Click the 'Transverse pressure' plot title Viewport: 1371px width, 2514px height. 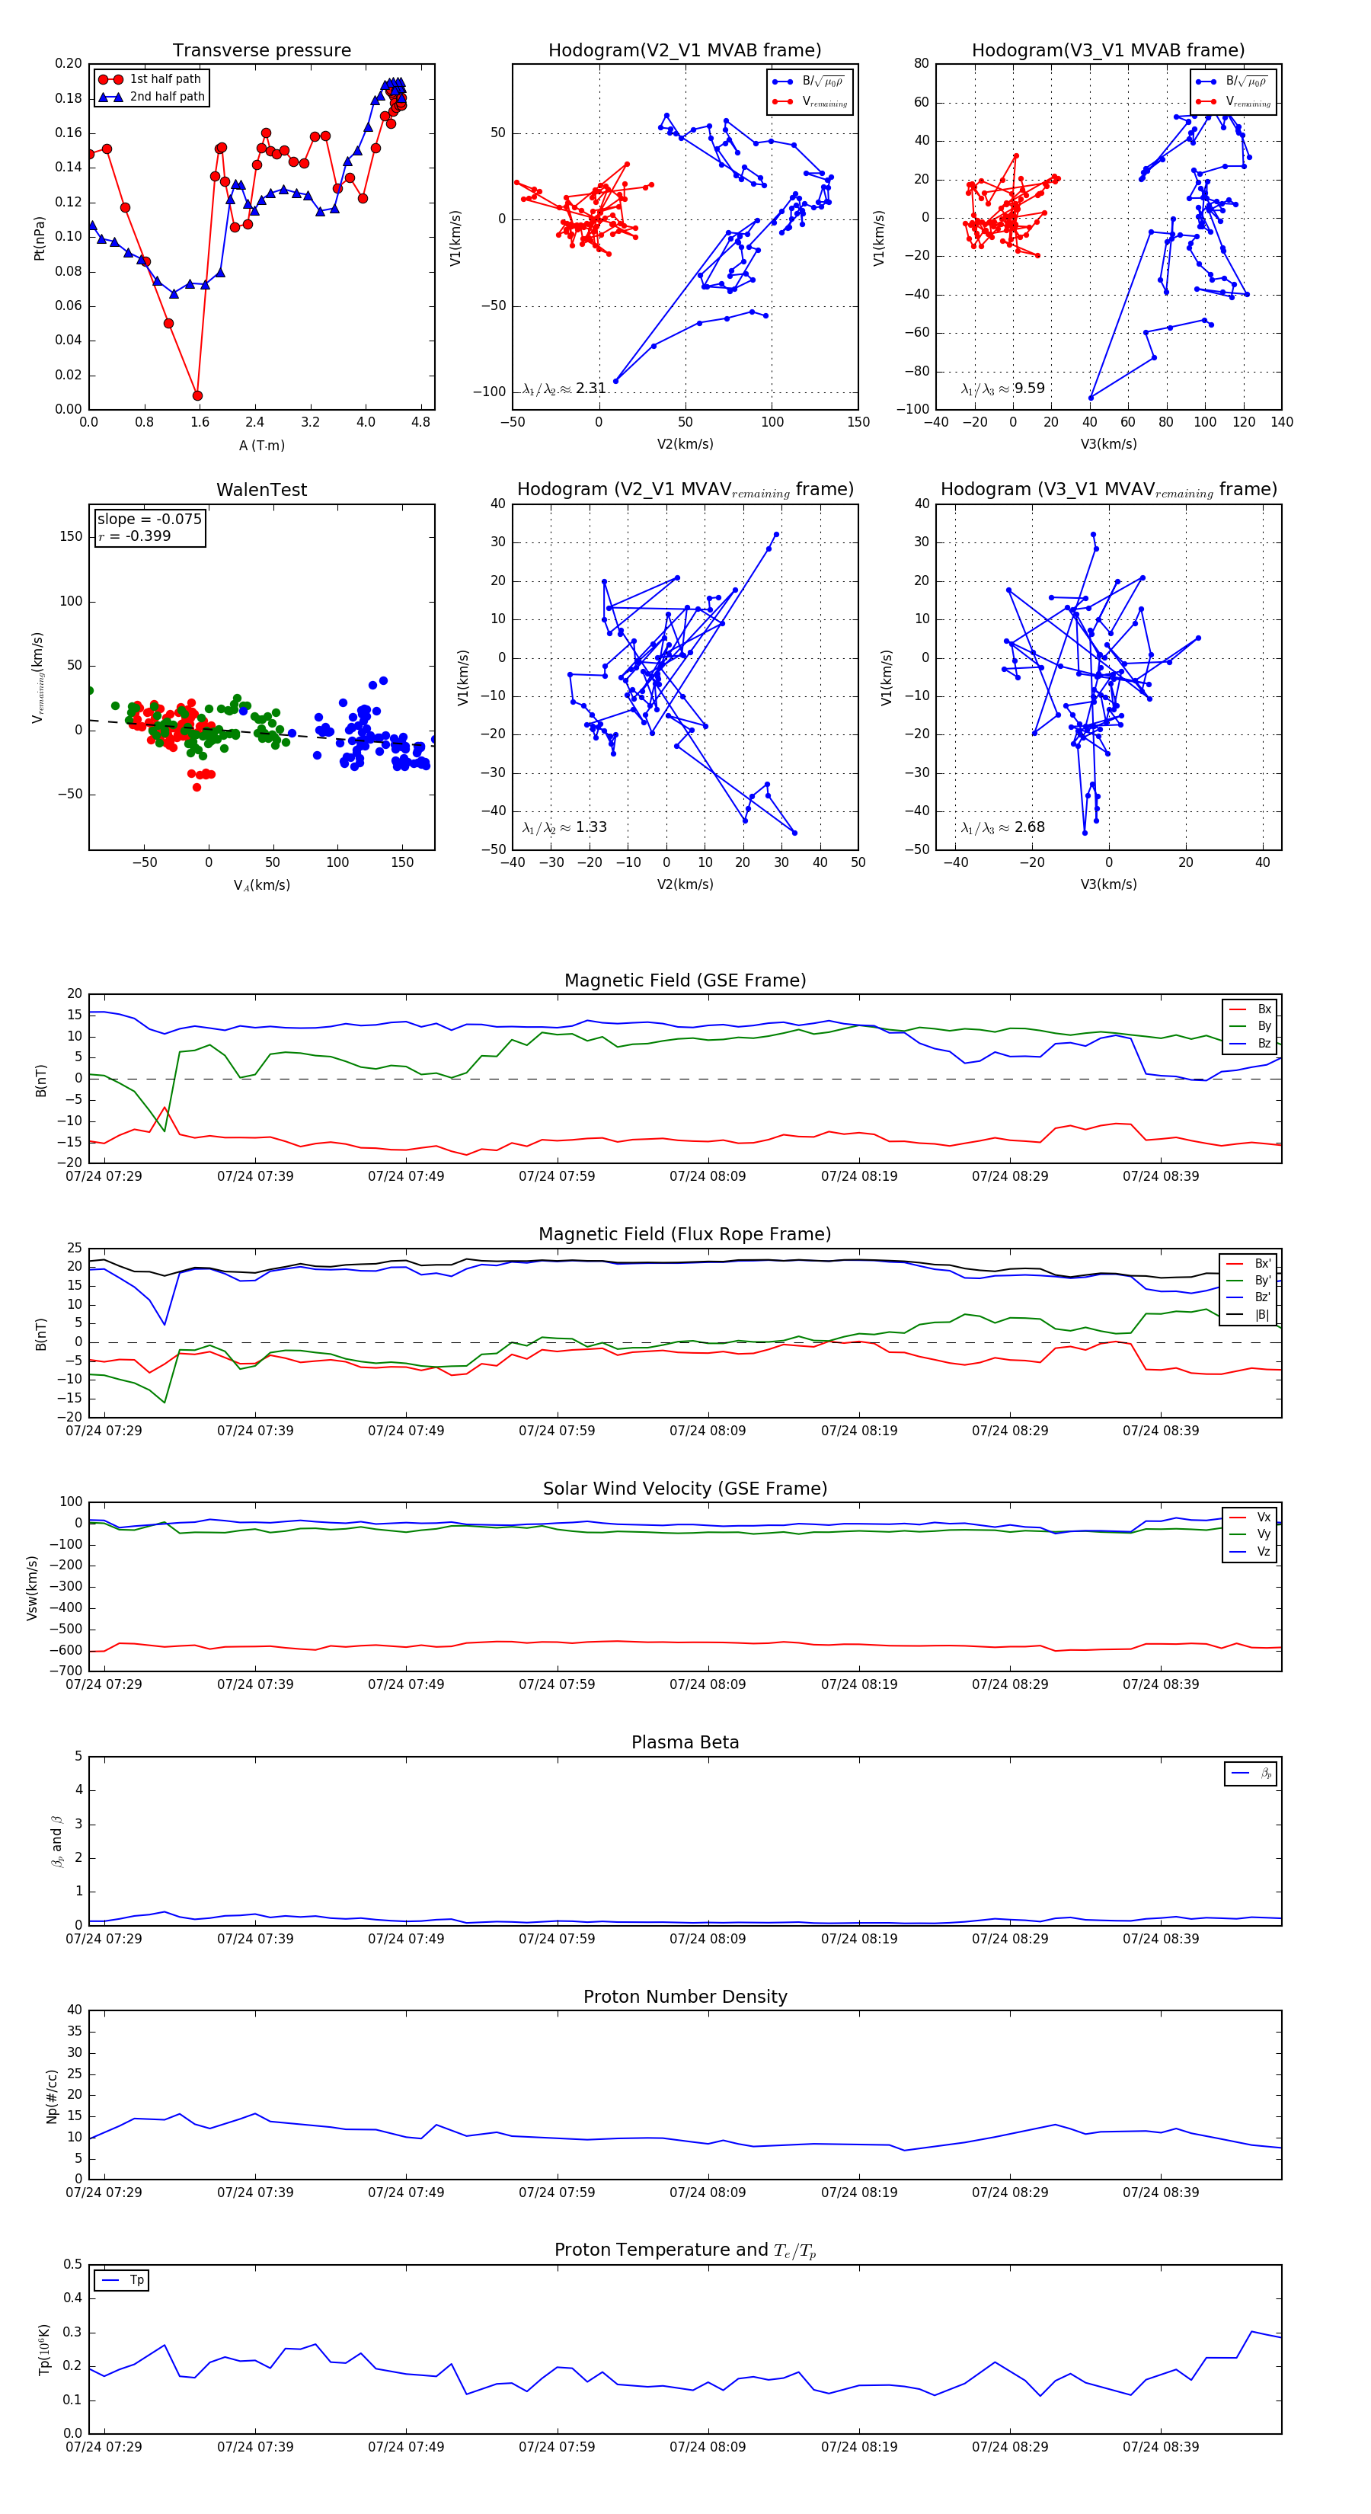(x=261, y=51)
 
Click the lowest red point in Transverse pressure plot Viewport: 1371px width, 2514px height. (x=197, y=395)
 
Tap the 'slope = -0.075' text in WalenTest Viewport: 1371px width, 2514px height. (x=149, y=520)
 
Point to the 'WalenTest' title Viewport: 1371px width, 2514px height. (x=261, y=490)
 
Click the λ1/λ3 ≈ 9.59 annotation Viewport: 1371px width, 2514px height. (x=1002, y=389)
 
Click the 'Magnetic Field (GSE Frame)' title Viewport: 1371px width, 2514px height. (x=685, y=980)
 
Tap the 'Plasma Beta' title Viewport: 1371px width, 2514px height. (x=685, y=1743)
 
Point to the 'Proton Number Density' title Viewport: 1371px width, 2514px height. (x=685, y=1997)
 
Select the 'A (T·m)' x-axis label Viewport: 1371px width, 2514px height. (x=261, y=445)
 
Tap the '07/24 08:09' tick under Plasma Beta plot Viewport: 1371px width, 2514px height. (x=708, y=1938)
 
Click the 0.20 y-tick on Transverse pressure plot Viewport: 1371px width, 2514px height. (x=69, y=63)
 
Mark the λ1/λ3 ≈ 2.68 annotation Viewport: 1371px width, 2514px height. (x=1002, y=827)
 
